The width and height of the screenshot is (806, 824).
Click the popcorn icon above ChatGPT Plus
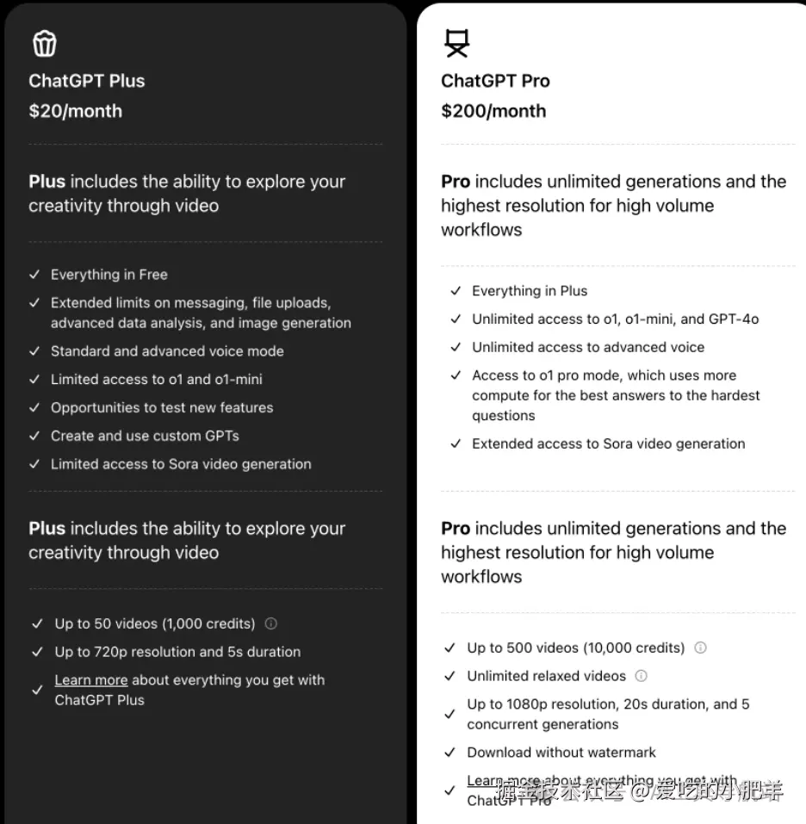44,43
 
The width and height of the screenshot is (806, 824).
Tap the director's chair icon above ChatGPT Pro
456,43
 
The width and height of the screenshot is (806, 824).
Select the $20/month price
76,111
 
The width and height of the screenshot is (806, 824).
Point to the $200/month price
493,111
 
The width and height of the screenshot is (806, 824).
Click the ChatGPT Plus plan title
87,81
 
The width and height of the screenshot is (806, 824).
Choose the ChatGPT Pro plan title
495,81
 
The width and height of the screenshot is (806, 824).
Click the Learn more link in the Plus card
91,680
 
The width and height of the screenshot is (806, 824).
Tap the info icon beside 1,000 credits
271,623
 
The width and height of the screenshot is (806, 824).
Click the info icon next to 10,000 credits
700,647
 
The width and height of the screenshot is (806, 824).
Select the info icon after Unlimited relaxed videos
641,676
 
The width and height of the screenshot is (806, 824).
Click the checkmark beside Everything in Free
34,275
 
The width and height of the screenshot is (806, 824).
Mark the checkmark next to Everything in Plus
456,291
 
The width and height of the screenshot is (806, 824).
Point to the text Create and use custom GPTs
145,436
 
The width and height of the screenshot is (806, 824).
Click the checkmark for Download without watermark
449,753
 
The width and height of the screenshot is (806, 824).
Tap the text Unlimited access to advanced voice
588,347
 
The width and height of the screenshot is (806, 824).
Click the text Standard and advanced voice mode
167,351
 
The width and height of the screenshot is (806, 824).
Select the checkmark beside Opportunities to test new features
34,407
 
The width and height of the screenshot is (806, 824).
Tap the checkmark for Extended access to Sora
456,444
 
